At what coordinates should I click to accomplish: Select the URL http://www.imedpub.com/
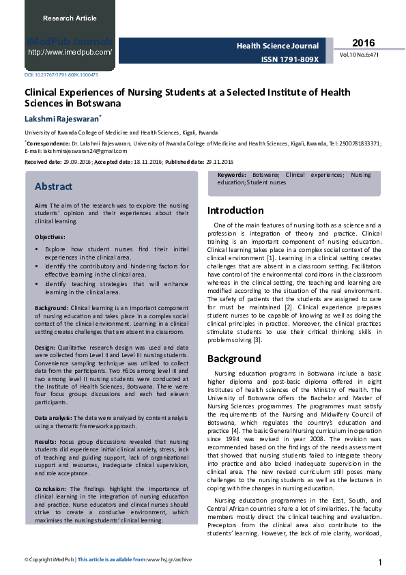click(70, 52)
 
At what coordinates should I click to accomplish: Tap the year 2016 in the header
click(364, 43)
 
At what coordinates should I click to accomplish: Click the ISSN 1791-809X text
click(290, 59)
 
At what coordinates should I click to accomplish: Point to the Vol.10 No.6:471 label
click(359, 55)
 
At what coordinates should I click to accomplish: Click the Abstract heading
click(53, 186)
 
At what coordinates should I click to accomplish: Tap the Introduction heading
click(235, 210)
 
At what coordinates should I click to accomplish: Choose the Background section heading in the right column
click(234, 359)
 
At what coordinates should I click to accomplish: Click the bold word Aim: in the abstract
click(41, 205)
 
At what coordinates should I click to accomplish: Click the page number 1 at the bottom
click(379, 562)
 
